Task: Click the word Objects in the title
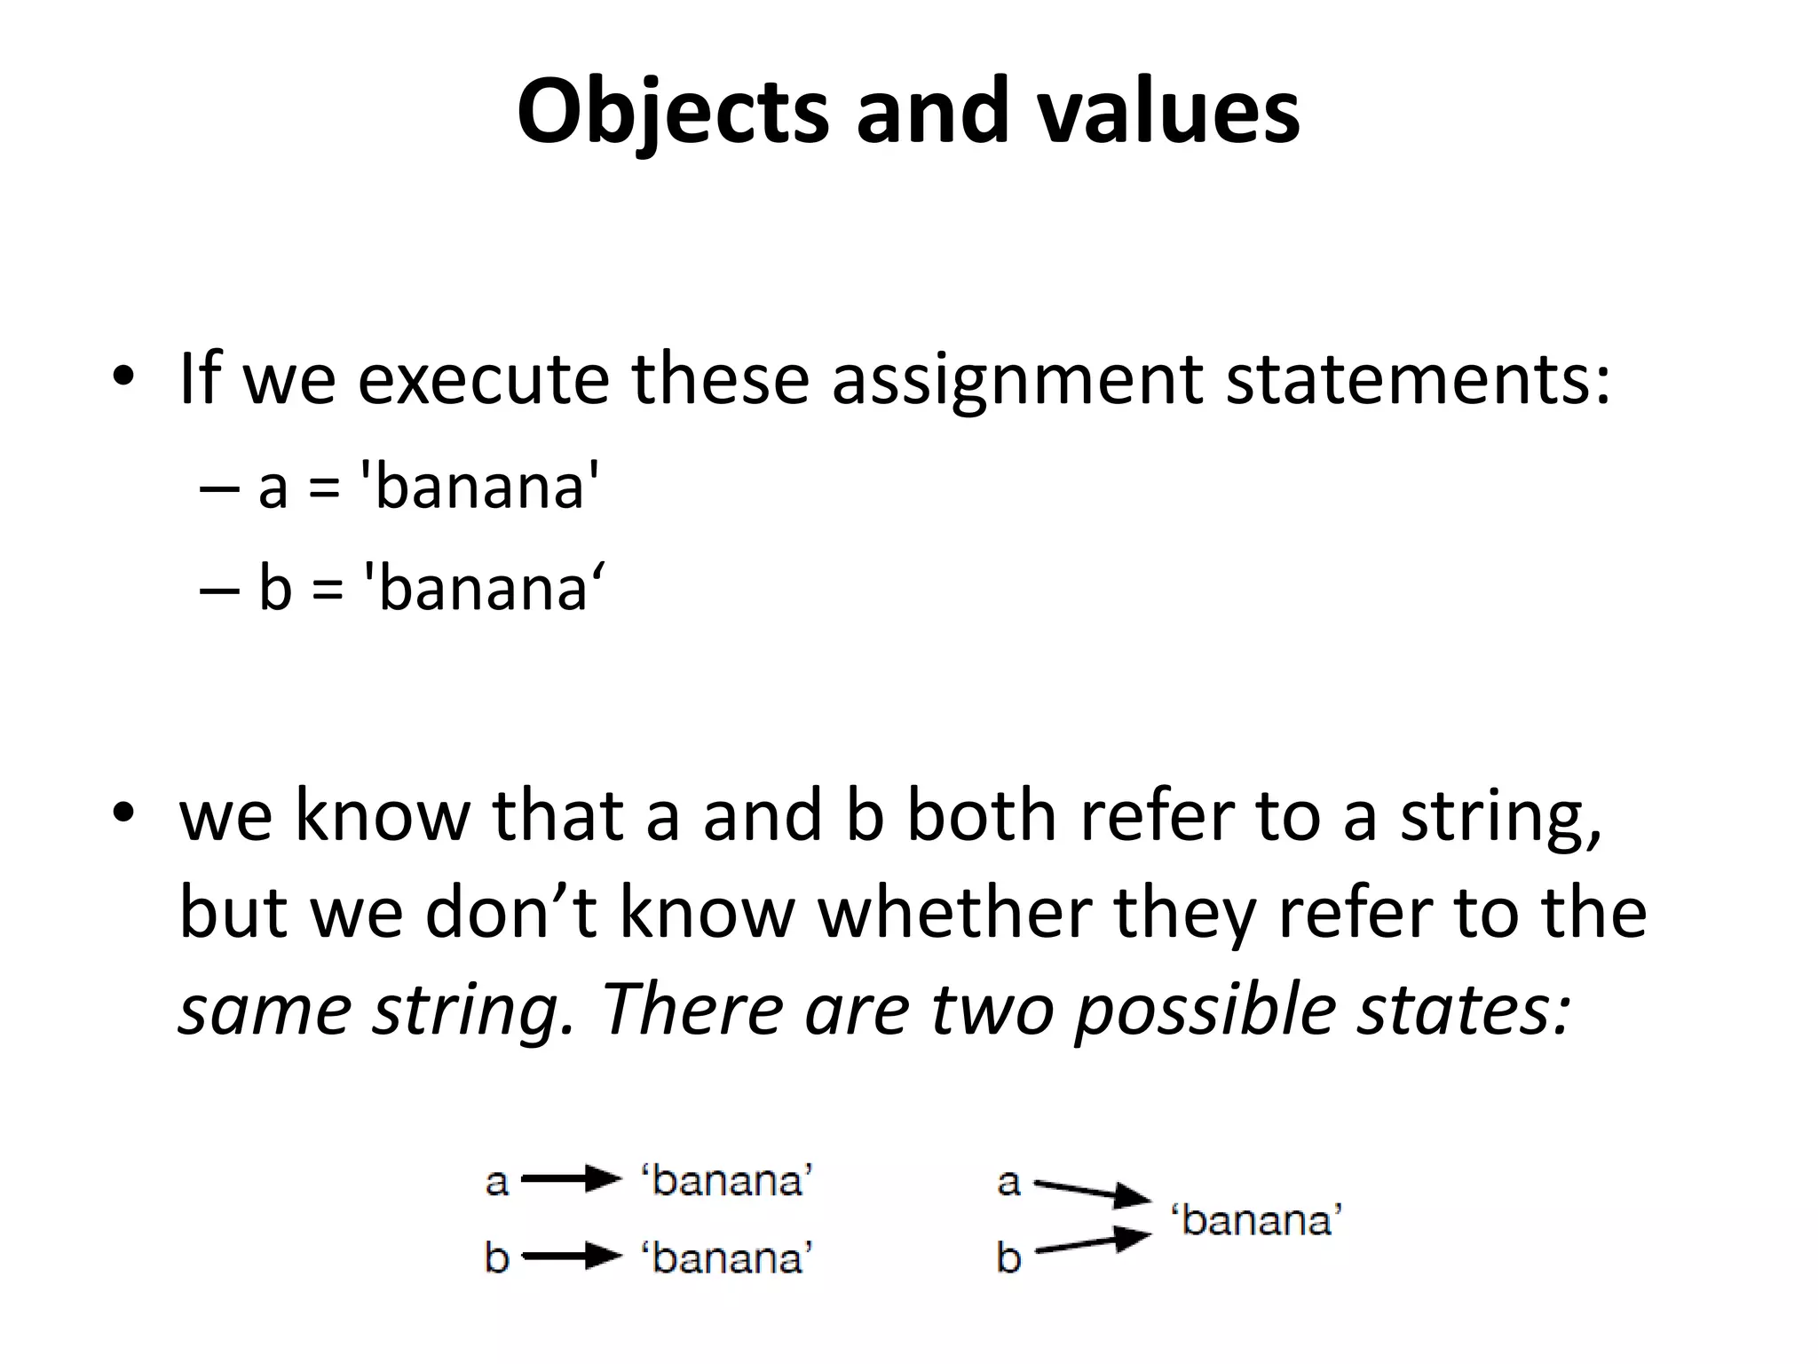[673, 113]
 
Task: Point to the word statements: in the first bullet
[1418, 379]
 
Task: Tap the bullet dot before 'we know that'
[123, 812]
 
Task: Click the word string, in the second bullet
[1501, 819]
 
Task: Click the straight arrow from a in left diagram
[571, 1180]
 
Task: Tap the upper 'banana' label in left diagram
[727, 1182]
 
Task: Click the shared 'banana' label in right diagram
[1256, 1220]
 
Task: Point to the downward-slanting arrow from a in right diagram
[1092, 1193]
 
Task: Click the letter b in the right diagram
[1008, 1257]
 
